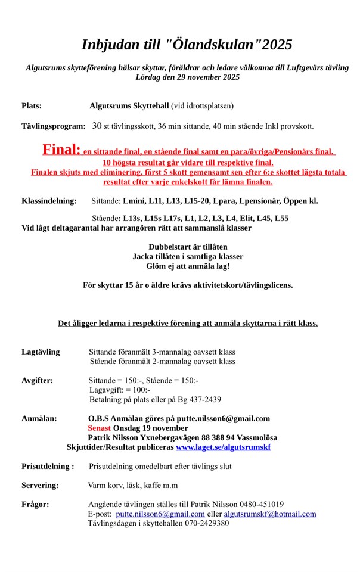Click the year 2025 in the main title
click(x=274, y=45)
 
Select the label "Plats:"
click(x=32, y=106)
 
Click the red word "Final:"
click(x=61, y=150)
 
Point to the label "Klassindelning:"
click(x=49, y=201)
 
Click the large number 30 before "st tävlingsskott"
click(x=97, y=126)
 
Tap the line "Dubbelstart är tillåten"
click(x=188, y=246)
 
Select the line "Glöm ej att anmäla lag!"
click(x=188, y=266)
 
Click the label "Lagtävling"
click(x=41, y=352)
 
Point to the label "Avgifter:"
click(x=37, y=380)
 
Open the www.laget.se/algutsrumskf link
click(x=223, y=446)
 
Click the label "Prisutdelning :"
click(x=48, y=466)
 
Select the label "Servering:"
click(x=40, y=485)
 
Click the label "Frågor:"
click(x=35, y=504)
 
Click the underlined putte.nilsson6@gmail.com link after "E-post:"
click(x=160, y=514)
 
